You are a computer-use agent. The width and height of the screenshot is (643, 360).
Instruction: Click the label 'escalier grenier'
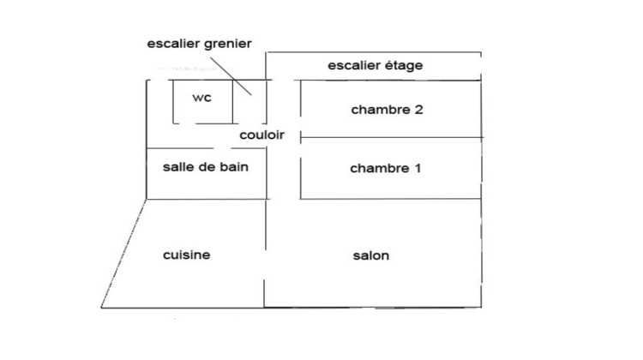click(x=199, y=45)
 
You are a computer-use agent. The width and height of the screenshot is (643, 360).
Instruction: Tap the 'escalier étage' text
click(x=376, y=65)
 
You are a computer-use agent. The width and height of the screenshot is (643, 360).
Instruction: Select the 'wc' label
click(x=201, y=98)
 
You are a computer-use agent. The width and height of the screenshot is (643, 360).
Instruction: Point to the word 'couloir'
click(x=261, y=135)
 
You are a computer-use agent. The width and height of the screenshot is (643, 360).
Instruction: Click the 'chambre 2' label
click(x=387, y=110)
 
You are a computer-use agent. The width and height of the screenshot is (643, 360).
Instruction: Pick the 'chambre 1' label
click(x=386, y=168)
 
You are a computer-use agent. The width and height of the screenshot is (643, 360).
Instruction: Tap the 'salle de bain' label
click(x=206, y=167)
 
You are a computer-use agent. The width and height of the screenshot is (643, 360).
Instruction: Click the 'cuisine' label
click(x=186, y=255)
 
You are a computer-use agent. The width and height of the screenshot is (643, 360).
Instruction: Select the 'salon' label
click(x=370, y=255)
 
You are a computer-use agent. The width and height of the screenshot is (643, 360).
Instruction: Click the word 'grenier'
click(x=227, y=45)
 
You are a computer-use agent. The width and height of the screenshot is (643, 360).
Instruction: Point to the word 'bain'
click(x=233, y=167)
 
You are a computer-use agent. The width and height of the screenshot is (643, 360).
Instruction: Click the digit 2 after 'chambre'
click(x=418, y=110)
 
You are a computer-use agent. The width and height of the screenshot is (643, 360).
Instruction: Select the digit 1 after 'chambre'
click(x=417, y=168)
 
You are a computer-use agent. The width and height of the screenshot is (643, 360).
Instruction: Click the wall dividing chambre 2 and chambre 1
click(x=386, y=138)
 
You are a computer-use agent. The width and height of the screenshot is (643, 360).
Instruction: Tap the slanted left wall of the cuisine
click(x=123, y=253)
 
